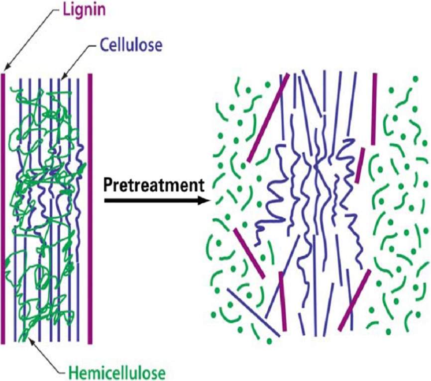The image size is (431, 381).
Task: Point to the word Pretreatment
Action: coord(154,185)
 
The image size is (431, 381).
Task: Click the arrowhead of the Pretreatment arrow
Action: coord(206,201)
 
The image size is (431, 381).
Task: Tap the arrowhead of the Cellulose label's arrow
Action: coord(62,78)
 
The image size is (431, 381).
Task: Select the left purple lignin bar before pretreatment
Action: coord(3,209)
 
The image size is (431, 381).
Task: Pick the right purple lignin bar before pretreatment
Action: coord(90,209)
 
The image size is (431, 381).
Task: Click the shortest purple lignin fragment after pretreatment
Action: coord(360,165)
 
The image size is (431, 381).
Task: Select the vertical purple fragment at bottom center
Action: coord(282,301)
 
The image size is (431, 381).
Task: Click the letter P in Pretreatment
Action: coord(108,185)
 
